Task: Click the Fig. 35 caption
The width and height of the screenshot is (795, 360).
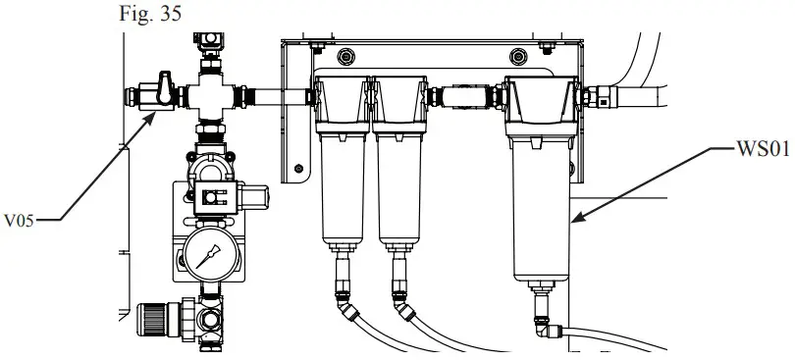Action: (x=144, y=17)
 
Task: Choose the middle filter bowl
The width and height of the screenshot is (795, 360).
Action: (x=401, y=186)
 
